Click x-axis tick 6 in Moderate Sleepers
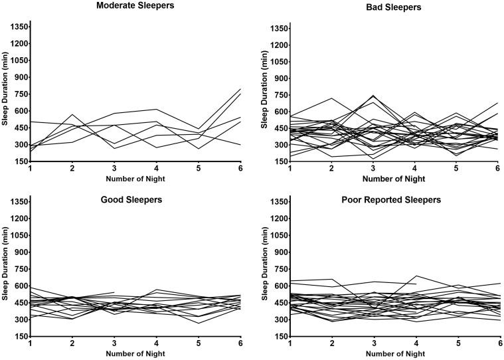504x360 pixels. [x=240, y=171]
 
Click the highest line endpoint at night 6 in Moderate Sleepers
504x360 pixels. [x=240, y=89]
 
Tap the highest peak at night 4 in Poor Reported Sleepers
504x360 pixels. [x=416, y=276]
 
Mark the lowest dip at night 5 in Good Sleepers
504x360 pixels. [x=198, y=323]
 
